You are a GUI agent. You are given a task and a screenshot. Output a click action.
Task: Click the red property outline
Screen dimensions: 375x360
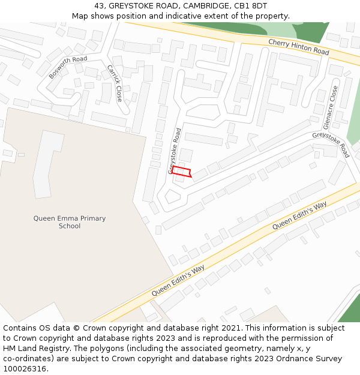182,172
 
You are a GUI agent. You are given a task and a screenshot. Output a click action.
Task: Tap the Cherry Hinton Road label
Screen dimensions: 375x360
298,47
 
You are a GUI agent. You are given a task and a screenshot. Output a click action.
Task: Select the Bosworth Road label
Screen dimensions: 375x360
68,67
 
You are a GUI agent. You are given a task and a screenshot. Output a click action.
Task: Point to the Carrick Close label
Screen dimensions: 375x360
115,83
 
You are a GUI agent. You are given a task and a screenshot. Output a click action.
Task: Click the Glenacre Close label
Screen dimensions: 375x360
331,107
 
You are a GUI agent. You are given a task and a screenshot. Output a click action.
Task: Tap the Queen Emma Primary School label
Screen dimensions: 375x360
70,222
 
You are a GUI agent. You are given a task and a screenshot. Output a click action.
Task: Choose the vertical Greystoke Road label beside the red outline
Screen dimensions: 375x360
175,151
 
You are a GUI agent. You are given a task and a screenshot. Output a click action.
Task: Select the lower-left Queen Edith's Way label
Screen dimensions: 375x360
178,280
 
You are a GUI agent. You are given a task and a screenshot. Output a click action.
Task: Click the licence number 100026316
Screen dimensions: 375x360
25,368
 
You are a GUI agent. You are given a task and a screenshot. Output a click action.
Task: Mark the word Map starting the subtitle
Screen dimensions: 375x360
80,16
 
